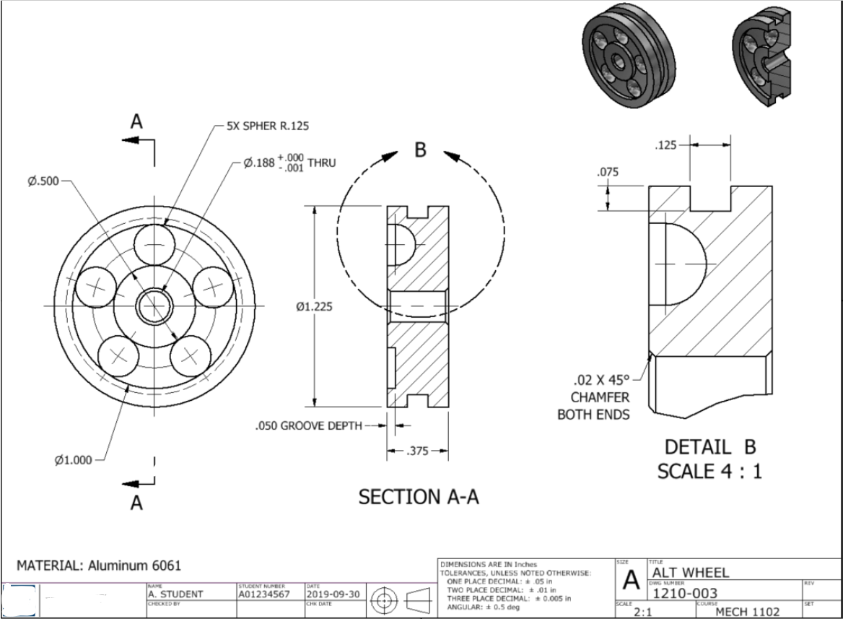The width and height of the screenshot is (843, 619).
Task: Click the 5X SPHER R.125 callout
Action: point(268,126)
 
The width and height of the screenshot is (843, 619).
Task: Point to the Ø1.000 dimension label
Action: point(73,460)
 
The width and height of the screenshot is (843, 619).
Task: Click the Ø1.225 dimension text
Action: point(315,307)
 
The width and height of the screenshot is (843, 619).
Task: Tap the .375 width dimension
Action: point(417,451)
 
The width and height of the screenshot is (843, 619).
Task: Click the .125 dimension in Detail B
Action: point(665,146)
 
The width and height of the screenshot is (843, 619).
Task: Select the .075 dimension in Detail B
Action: point(607,173)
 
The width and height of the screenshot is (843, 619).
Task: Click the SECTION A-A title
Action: point(419,497)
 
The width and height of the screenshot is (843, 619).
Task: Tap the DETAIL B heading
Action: point(709,446)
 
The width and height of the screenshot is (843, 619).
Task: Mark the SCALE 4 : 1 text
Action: point(709,472)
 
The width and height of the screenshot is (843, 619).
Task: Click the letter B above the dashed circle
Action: point(421,150)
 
